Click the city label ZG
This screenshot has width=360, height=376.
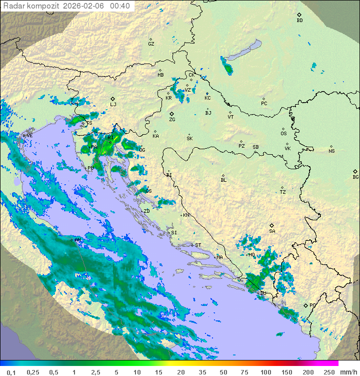pyautogui.click(x=172, y=120)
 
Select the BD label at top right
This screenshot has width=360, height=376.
pyautogui.click(x=299, y=21)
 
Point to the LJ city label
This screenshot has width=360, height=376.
pyautogui.click(x=113, y=105)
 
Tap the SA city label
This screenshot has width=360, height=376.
pyautogui.click(x=272, y=231)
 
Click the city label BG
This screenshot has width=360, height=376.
pyautogui.click(x=355, y=177)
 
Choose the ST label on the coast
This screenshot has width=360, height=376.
pyautogui.click(x=198, y=245)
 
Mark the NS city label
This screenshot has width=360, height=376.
pyautogui.click(x=331, y=151)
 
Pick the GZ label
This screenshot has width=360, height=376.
pyautogui.click(x=151, y=44)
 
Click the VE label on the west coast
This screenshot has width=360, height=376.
pyautogui.click(x=29, y=136)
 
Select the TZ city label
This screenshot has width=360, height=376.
pyautogui.click(x=282, y=192)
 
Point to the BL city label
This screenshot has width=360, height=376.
pyautogui.click(x=223, y=180)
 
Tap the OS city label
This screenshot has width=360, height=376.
pyautogui.click(x=283, y=134)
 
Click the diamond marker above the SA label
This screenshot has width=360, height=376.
pyautogui.click(x=272, y=225)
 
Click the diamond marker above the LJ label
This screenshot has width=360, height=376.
pyautogui.click(x=113, y=99)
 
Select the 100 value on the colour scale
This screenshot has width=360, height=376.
pyautogui.click(x=266, y=372)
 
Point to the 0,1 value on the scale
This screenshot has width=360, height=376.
pyautogui.click(x=11, y=372)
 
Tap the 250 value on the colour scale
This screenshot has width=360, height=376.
pyautogui.click(x=328, y=372)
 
